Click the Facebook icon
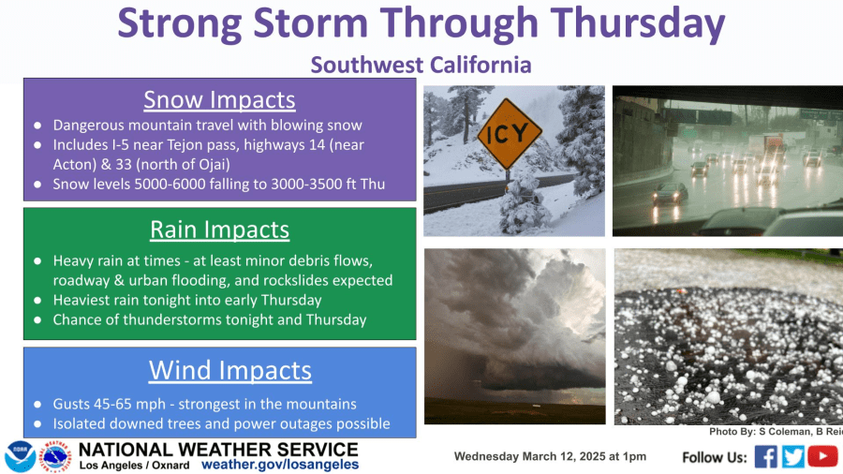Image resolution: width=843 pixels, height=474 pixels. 765,457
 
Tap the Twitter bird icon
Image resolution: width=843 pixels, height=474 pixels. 793,457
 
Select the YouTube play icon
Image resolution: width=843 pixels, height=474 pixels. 822,456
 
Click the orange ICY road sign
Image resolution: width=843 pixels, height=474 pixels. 510,134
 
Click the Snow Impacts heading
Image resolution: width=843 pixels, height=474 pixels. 219,99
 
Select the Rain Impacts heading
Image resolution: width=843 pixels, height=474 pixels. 219,230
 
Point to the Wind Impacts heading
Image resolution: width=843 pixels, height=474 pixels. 230,370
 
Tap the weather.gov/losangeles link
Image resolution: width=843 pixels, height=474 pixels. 280,465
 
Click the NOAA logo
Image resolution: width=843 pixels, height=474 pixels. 21,457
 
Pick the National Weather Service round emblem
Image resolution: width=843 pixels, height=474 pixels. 56,457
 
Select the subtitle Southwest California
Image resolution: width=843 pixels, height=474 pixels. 421,65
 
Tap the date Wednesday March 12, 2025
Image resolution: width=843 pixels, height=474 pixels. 529,456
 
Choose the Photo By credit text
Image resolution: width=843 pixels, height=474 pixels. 776,432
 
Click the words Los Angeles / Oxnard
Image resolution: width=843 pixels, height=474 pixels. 134,466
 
